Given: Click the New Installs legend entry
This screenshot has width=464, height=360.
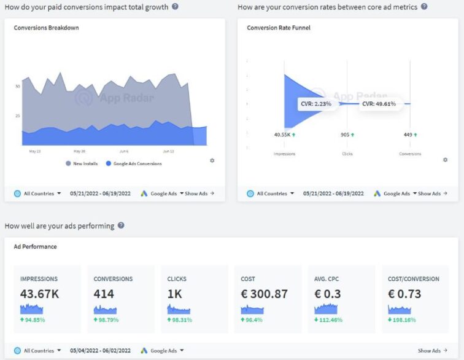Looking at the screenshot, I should click(84, 163).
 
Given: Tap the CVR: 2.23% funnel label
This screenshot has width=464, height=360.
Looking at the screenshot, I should click(315, 104).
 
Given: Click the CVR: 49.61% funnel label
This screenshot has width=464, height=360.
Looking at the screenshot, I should click(378, 104).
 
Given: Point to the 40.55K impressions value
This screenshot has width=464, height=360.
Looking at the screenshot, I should click(284, 134).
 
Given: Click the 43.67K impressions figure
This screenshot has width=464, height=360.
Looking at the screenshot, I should click(39, 294).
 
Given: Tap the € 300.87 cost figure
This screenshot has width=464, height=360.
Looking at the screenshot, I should click(264, 294).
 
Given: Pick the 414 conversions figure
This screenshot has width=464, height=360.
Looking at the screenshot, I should click(104, 294).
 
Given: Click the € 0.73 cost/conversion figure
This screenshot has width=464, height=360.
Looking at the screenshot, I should click(404, 294).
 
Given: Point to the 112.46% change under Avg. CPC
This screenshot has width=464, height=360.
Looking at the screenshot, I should click(330, 319).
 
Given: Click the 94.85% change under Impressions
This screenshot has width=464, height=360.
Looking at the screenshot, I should click(35, 319).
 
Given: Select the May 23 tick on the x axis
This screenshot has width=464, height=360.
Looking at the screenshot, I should click(35, 151).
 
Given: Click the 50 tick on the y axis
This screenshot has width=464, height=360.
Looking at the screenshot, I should click(17, 87).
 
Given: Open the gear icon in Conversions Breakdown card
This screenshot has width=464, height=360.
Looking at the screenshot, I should click(212, 160).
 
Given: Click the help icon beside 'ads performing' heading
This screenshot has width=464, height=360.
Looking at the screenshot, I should click(121, 225).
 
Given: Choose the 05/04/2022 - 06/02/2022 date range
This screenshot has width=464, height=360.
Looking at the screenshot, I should click(101, 351).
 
